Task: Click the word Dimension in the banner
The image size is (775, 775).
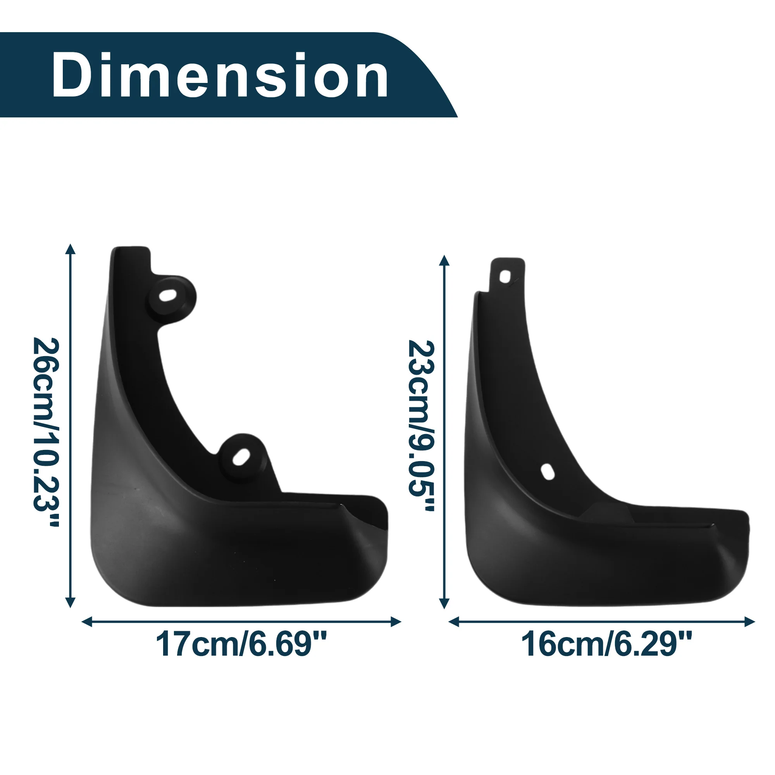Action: pos(220,75)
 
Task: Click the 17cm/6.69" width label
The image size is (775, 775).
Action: pos(241,645)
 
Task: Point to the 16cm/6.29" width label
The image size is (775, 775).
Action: pos(606,645)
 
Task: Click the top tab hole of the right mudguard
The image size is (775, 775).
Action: pos(506,276)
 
